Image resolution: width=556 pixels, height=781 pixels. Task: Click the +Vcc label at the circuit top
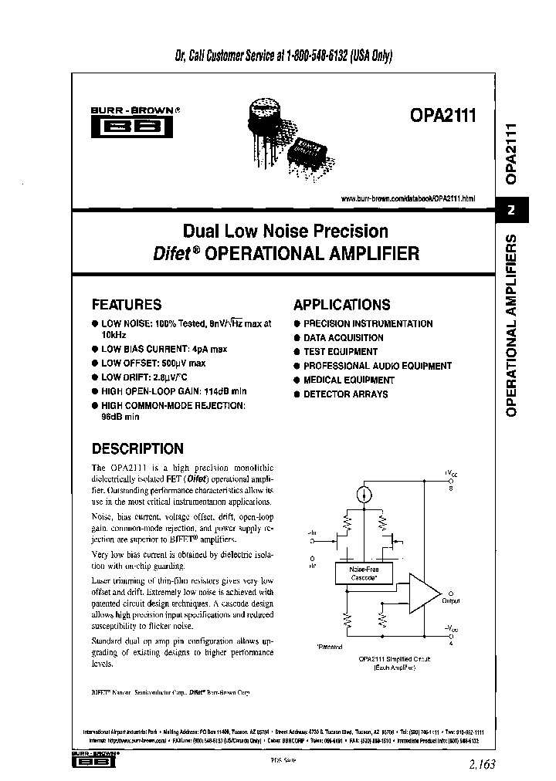[x=450, y=472]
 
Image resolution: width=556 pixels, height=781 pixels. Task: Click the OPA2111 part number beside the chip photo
[x=444, y=117]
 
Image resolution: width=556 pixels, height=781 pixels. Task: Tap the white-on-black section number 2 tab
[x=511, y=211]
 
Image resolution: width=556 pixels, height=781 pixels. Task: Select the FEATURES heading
[x=127, y=304]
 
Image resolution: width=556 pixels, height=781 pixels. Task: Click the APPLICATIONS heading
[x=342, y=304]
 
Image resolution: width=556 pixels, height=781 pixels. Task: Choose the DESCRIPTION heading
[x=137, y=448]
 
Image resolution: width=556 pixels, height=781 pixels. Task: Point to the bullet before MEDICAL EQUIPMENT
[x=297, y=380]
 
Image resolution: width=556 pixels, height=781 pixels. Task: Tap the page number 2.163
[x=480, y=764]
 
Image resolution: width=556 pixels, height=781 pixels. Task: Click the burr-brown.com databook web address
[x=408, y=198]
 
